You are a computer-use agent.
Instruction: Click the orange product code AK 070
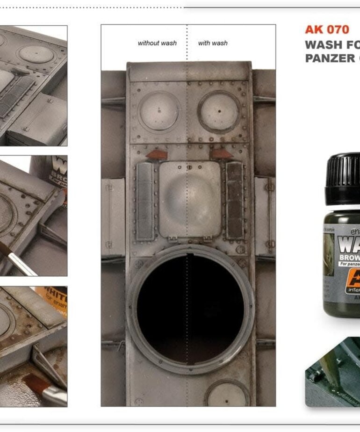coord(327,29)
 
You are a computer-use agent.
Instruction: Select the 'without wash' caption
coord(157,43)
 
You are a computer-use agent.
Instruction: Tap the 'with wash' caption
coord(213,43)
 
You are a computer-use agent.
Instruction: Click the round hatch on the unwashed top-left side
coord(159,111)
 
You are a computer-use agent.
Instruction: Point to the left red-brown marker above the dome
coord(155,155)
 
